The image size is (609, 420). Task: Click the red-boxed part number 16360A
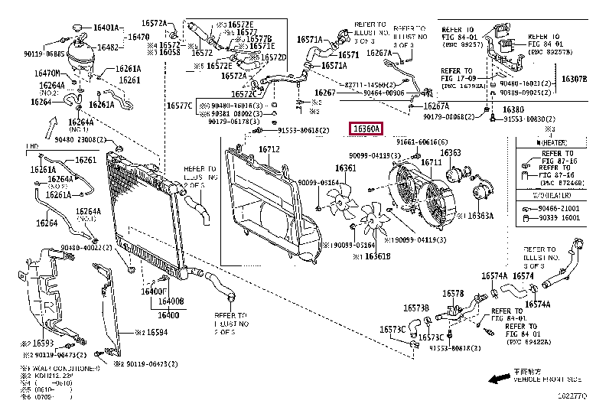pyautogui.click(x=366, y=129)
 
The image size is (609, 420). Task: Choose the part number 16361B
pyautogui.click(x=375, y=256)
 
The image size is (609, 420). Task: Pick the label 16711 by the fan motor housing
pyautogui.click(x=432, y=162)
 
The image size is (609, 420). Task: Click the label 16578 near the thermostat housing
pyautogui.click(x=454, y=293)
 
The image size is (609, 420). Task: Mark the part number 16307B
pyautogui.click(x=573, y=79)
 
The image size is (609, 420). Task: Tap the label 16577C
pyautogui.click(x=179, y=106)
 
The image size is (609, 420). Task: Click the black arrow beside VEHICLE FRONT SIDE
pyautogui.click(x=500, y=379)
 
